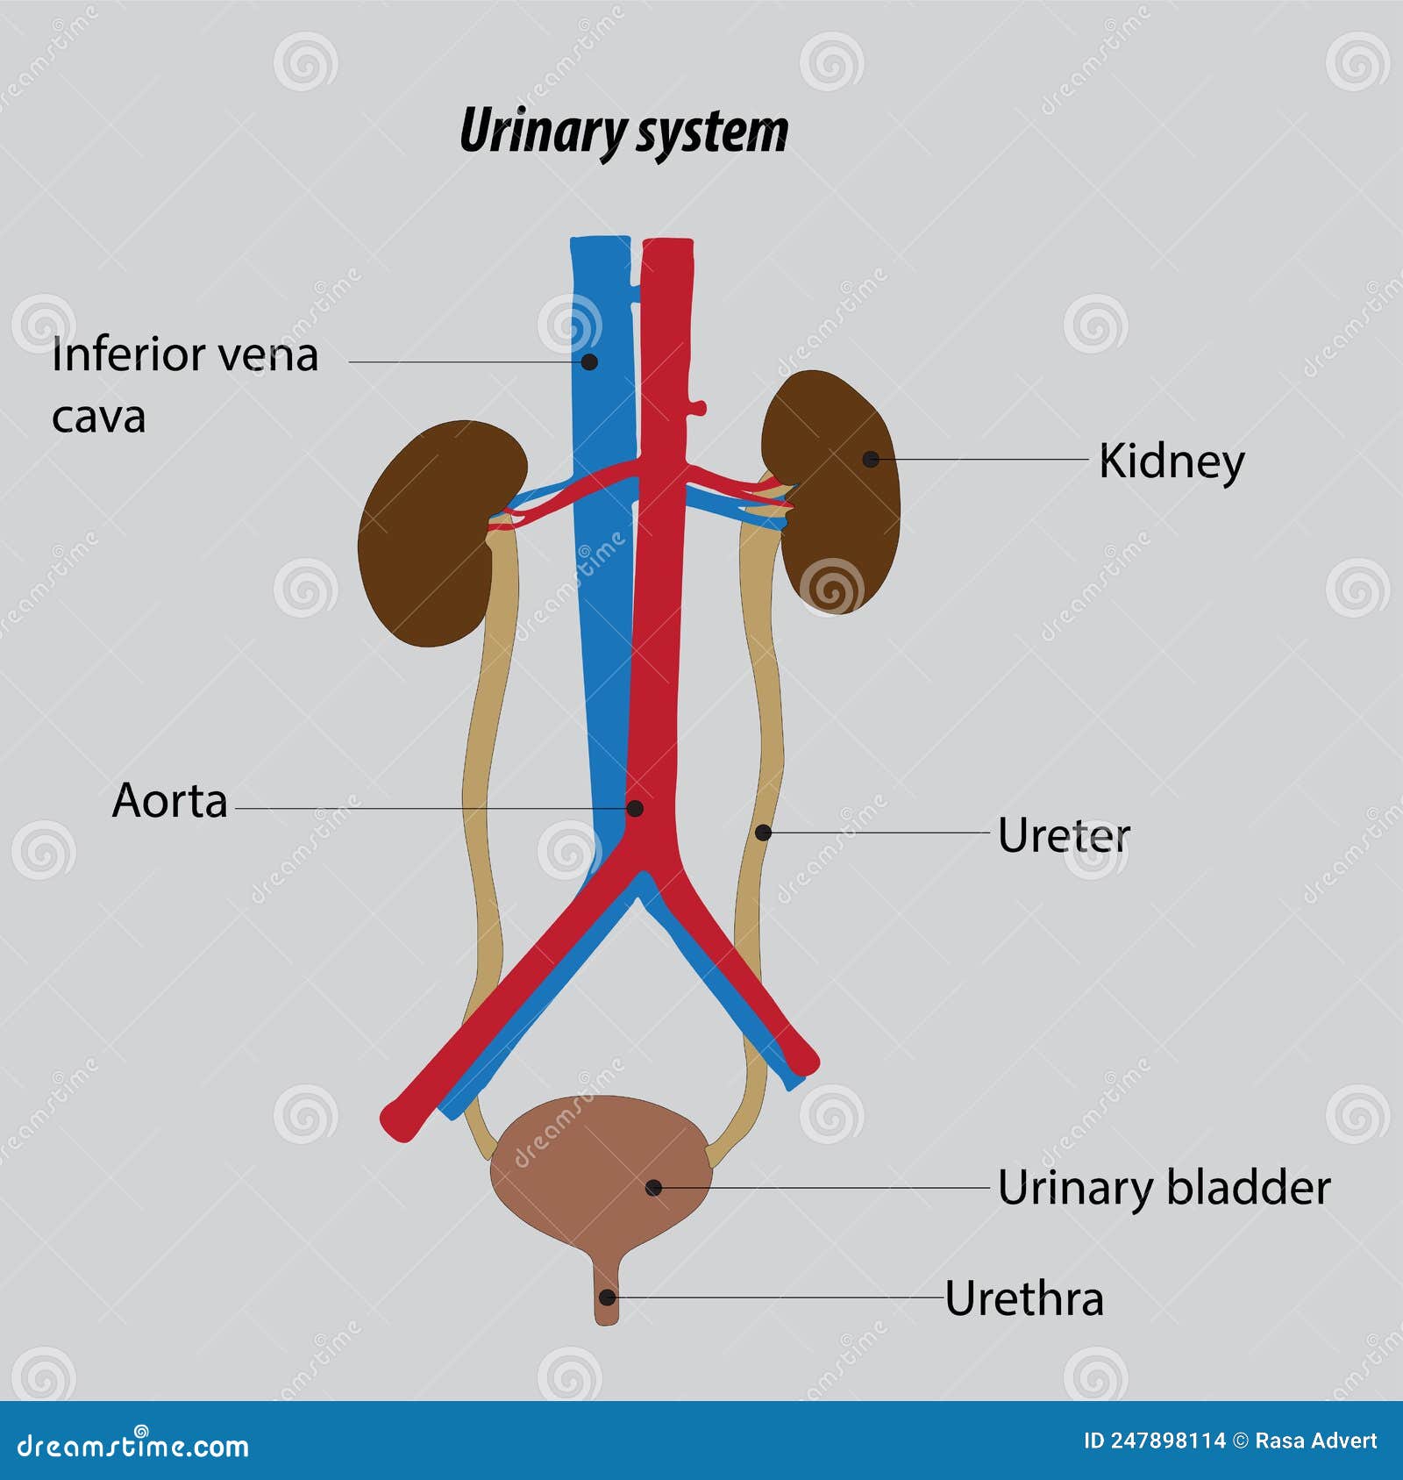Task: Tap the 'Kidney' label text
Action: click(1171, 461)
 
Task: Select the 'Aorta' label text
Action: click(170, 801)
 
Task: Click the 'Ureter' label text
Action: click(1064, 835)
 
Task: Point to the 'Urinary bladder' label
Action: click(1164, 1188)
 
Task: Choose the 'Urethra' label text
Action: click(1023, 1298)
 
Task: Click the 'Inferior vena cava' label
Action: click(184, 384)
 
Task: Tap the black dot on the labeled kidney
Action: click(870, 459)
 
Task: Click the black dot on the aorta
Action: click(636, 808)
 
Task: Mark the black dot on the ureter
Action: click(763, 833)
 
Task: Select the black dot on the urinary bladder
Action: click(653, 1188)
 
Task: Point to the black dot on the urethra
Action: click(606, 1298)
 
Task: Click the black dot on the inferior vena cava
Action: click(590, 361)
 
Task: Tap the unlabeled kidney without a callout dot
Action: click(430, 535)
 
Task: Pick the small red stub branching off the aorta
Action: click(699, 407)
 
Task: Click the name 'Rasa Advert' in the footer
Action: click(1315, 1441)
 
